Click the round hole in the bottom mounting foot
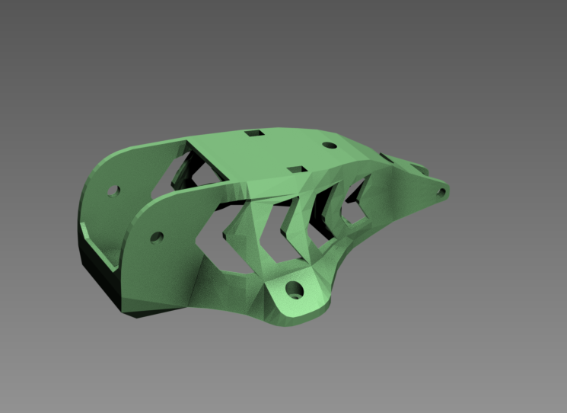[295, 289]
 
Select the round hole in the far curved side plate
[113, 190]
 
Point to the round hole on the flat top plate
[330, 145]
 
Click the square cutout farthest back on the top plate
[254, 134]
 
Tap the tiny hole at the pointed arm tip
[441, 191]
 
